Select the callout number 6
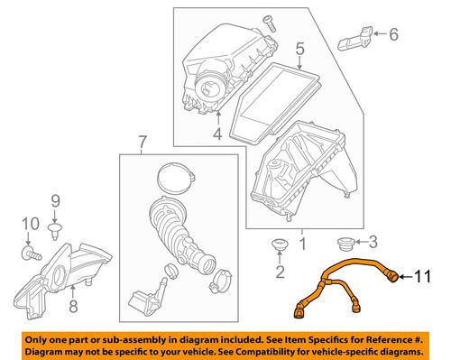click(392, 35)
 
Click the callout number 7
click(140, 142)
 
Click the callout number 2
click(279, 272)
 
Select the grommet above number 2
click(279, 245)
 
